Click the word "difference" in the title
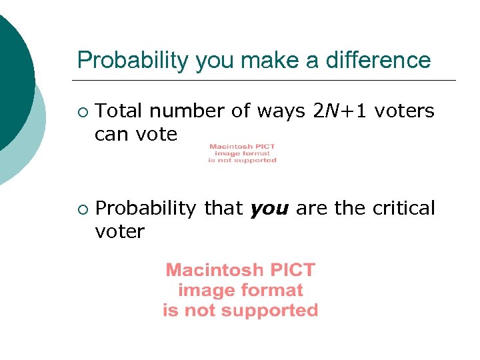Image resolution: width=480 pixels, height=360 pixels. (x=379, y=60)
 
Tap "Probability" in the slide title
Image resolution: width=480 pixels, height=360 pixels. (x=133, y=61)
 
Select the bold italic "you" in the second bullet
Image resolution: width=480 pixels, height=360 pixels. (x=269, y=209)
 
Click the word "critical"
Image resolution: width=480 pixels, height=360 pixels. (x=403, y=208)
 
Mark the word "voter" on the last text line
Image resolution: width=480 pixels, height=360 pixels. (x=119, y=232)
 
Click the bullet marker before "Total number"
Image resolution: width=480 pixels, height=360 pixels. (x=81, y=111)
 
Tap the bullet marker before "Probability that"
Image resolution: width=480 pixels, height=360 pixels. (x=81, y=209)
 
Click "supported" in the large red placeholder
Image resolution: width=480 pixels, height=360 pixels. (x=269, y=310)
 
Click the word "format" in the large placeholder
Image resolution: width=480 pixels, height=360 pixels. (x=273, y=290)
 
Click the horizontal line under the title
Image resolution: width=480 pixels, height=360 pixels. (x=267, y=80)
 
